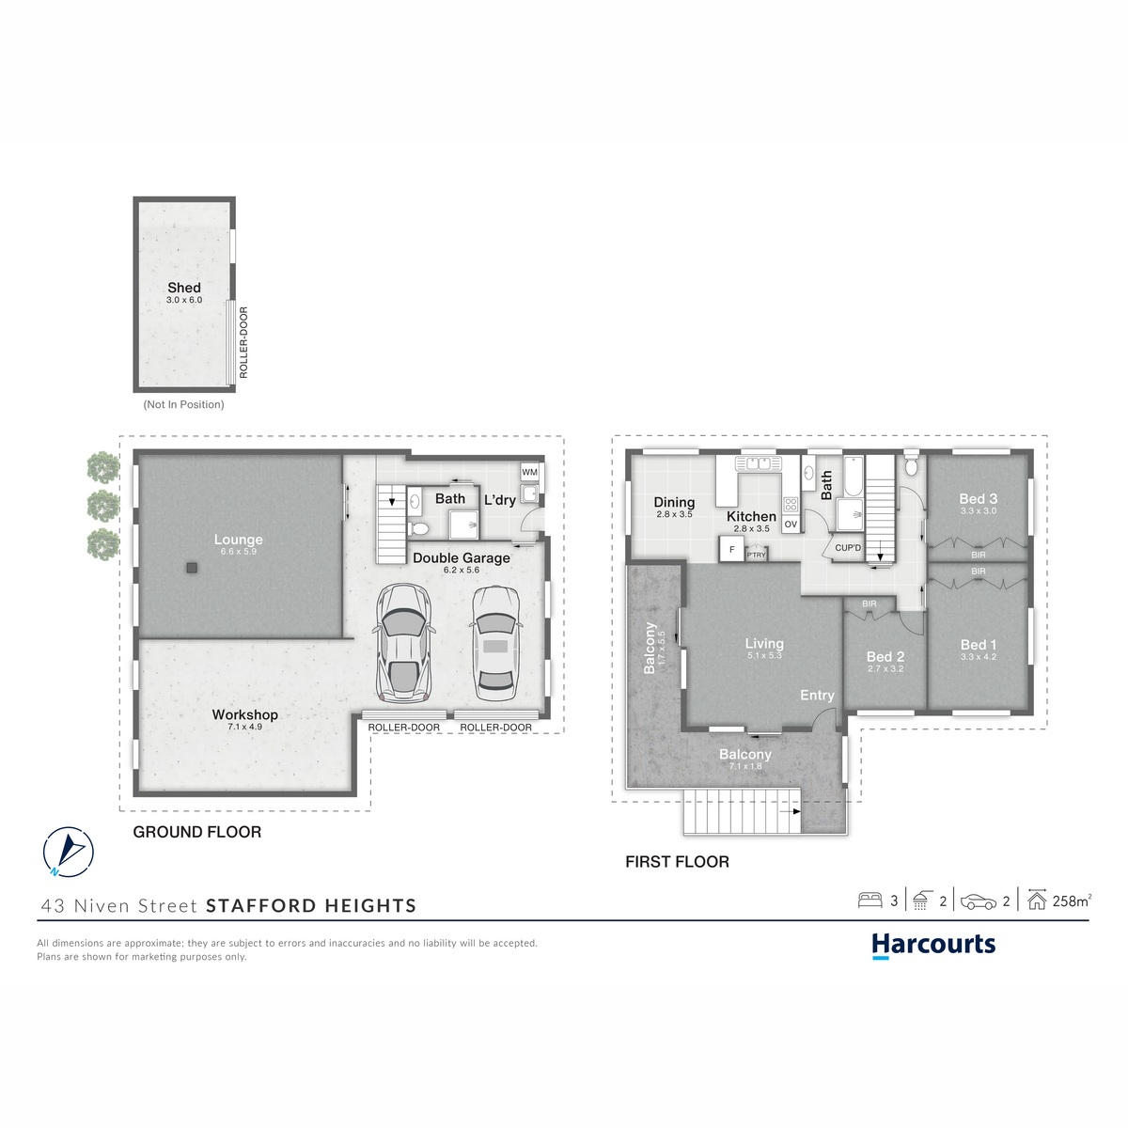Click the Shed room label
click(x=184, y=288)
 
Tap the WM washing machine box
click(x=529, y=472)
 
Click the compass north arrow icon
click(x=69, y=853)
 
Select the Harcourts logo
click(x=933, y=946)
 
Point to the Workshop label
click(x=244, y=714)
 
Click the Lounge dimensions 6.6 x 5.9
click(x=238, y=552)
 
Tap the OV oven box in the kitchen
click(x=791, y=524)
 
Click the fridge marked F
click(x=731, y=550)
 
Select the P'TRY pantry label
click(x=756, y=555)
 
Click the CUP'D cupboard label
click(x=848, y=548)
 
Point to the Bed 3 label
click(x=978, y=499)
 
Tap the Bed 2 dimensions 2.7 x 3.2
click(x=885, y=668)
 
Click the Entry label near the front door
click(x=817, y=696)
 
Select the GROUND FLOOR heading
click(x=196, y=832)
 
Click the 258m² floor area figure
click(x=1072, y=901)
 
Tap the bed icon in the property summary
click(x=869, y=901)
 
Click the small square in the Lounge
click(x=192, y=568)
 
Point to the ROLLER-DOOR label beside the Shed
click(x=243, y=342)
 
